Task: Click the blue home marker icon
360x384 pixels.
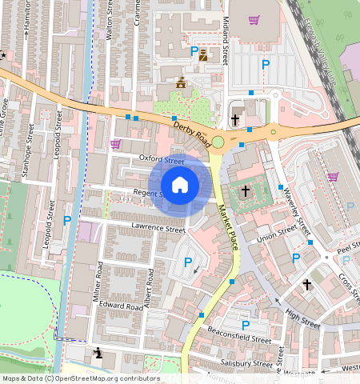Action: pos(180,185)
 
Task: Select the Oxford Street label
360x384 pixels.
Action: pos(162,159)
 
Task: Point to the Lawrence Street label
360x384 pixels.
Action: pos(158,229)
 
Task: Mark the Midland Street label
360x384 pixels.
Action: pos(226,40)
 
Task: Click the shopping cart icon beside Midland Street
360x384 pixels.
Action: pos(254,20)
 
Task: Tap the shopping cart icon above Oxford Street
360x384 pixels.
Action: pos(115,144)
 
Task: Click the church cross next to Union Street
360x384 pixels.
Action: pos(246,191)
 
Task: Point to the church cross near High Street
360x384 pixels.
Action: pos(306,284)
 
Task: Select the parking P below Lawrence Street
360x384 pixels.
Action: pos(188,262)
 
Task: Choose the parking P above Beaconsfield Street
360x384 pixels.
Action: pos(246,325)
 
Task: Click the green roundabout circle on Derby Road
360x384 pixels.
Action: pos(218,142)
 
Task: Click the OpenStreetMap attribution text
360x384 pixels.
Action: pos(81,378)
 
